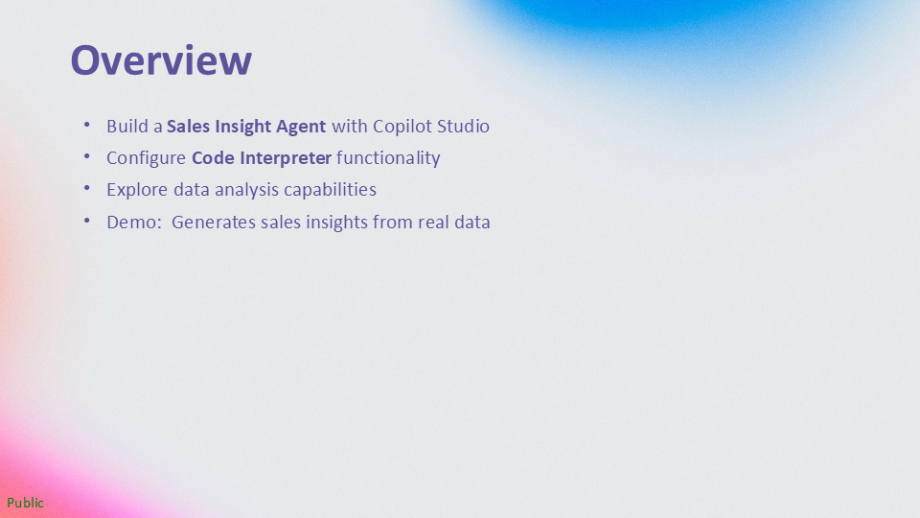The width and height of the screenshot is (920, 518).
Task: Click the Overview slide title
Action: point(161,59)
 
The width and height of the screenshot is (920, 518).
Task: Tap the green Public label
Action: point(25,503)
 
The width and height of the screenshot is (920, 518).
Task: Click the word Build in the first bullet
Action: point(127,127)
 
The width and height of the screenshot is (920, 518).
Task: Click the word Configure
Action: point(146,159)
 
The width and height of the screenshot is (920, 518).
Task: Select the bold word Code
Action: point(213,158)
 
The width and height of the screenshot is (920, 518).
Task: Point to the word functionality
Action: point(388,159)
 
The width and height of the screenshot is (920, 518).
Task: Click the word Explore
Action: point(137,191)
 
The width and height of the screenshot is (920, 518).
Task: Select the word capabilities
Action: point(331,191)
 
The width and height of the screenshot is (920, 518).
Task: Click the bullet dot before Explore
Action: point(87,188)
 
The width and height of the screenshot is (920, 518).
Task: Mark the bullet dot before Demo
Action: point(87,221)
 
